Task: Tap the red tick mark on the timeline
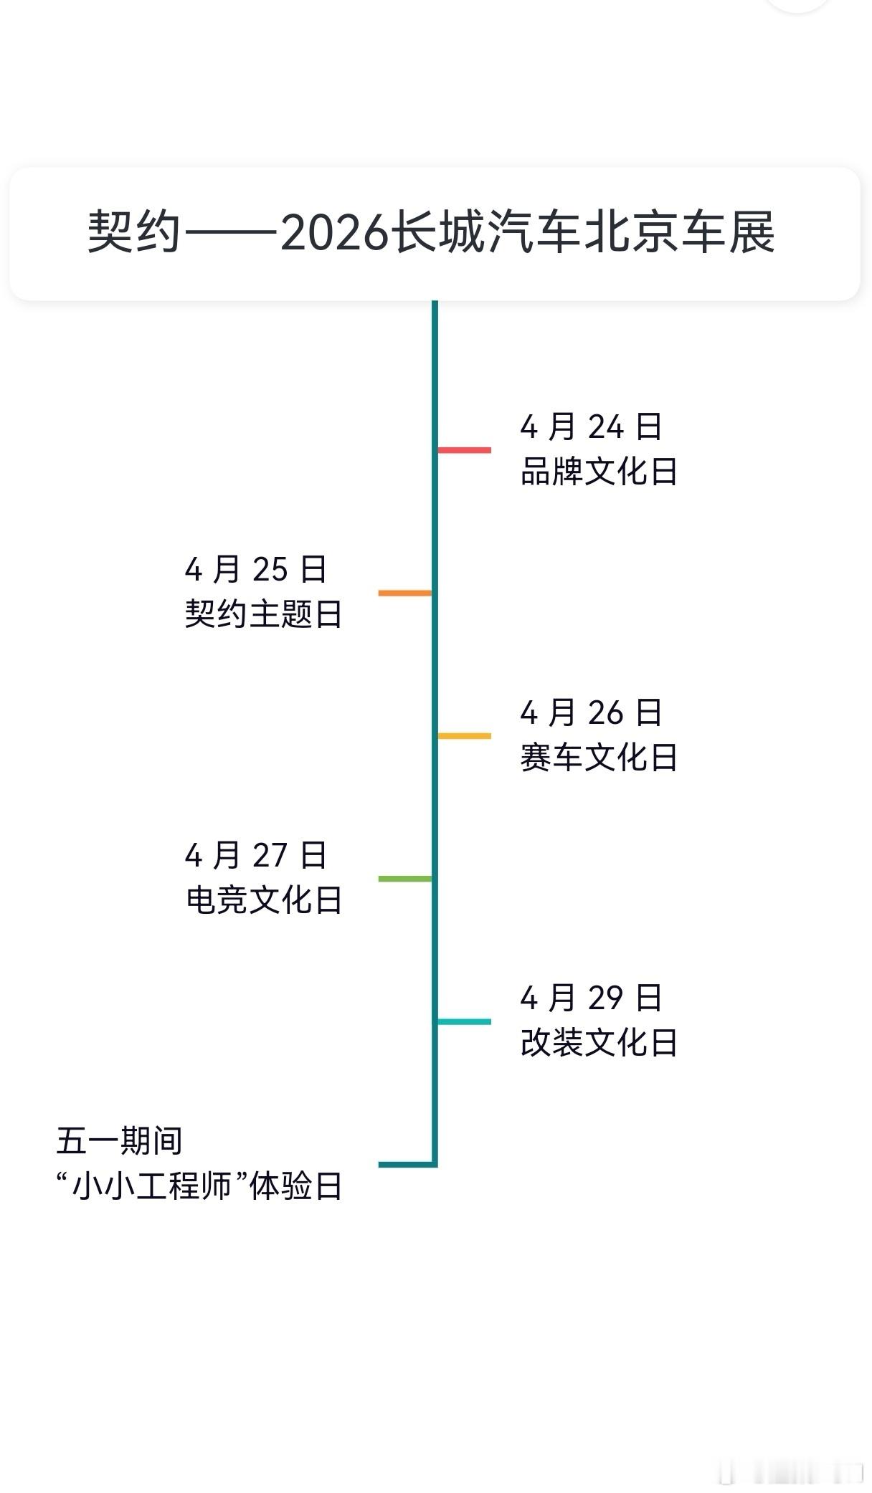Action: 465,450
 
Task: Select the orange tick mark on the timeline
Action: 405,593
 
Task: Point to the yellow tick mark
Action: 465,735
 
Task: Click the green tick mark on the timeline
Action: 405,878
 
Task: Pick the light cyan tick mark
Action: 465,1021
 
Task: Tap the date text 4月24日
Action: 591,426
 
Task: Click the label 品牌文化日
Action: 599,472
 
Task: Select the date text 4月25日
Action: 256,569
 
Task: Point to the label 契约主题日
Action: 264,614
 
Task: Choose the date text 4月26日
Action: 591,712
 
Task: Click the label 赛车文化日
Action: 599,757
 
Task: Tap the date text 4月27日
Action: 256,854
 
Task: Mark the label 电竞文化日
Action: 264,900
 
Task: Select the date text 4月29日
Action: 591,997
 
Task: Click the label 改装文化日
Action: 599,1042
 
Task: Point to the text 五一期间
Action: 119,1140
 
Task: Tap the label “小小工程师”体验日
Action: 199,1186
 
